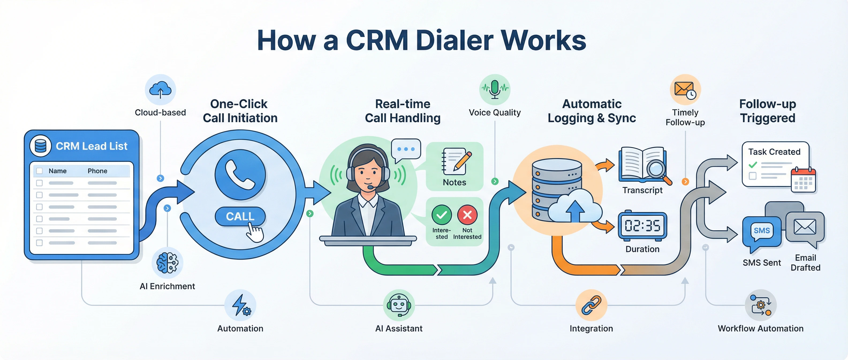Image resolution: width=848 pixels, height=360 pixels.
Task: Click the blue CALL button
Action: tap(240, 216)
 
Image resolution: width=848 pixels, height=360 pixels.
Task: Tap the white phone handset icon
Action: tap(240, 175)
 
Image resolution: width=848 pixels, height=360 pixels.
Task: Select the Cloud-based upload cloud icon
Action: tap(160, 89)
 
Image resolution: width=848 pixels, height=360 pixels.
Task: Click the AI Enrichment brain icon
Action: tap(167, 262)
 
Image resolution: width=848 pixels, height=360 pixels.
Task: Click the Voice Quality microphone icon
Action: tap(494, 89)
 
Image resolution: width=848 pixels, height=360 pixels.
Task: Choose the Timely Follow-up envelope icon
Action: tap(685, 89)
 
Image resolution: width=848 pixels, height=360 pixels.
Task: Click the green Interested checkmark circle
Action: tap(441, 215)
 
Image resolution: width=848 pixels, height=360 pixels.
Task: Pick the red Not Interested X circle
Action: tap(467, 215)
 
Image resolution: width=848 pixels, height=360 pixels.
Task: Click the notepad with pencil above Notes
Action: tap(455, 162)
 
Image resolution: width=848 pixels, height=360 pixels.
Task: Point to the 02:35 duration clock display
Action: tap(642, 226)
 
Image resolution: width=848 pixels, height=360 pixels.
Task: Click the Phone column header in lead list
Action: tap(97, 171)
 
